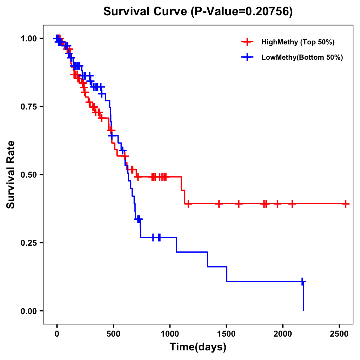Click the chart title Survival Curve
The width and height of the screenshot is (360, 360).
pos(198,11)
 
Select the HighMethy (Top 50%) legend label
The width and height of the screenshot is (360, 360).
pos(298,42)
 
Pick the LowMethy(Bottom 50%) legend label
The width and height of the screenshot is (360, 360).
pos(302,57)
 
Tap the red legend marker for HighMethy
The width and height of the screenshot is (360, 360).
pos(247,42)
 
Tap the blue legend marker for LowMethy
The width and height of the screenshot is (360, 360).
pos(247,57)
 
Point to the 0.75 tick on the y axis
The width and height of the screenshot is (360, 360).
pos(29,106)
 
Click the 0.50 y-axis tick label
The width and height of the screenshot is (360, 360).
pos(29,175)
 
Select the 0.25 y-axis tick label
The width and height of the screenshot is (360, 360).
pos(29,243)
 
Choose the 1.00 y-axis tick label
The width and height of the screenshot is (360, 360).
pos(29,38)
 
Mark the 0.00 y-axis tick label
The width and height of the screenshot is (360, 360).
pos(29,311)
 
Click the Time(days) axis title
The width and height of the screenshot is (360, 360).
pos(198,347)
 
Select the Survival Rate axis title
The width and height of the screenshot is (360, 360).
pos(11,175)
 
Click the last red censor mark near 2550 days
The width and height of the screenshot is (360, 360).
pos(345,204)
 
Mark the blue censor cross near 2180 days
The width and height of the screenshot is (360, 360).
pos(302,281)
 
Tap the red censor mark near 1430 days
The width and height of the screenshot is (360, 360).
pos(219,204)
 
